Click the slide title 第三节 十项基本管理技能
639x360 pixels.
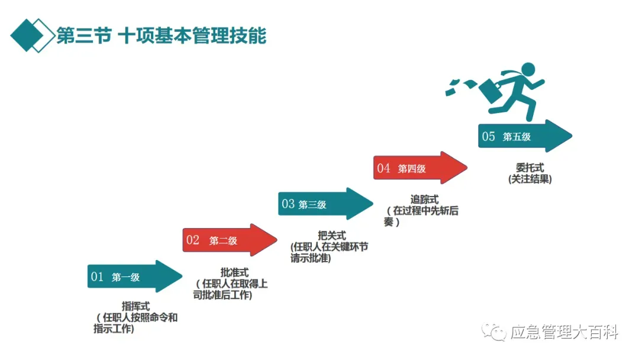click(161, 36)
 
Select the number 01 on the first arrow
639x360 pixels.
click(97, 277)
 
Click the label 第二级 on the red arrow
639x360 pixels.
click(223, 240)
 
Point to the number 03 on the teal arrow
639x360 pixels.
click(288, 204)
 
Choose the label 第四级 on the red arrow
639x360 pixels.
click(412, 169)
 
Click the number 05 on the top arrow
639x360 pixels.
click(489, 137)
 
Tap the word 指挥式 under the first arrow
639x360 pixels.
click(135, 306)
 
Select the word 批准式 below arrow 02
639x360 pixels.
click(234, 272)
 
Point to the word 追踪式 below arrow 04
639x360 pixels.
click(424, 200)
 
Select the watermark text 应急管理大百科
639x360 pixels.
click(564, 333)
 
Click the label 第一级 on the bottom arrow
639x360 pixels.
click(125, 277)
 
